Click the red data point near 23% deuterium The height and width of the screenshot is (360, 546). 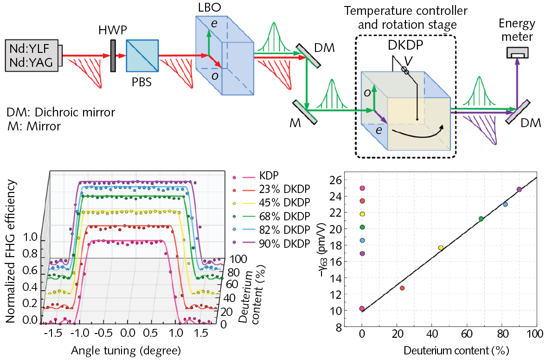[x=402, y=288]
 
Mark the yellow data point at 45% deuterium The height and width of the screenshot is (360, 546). [x=441, y=248]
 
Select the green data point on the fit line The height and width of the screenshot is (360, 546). [x=481, y=219]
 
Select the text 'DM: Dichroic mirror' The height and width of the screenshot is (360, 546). [x=61, y=112]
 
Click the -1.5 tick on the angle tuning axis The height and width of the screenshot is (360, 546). [x=56, y=334]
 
